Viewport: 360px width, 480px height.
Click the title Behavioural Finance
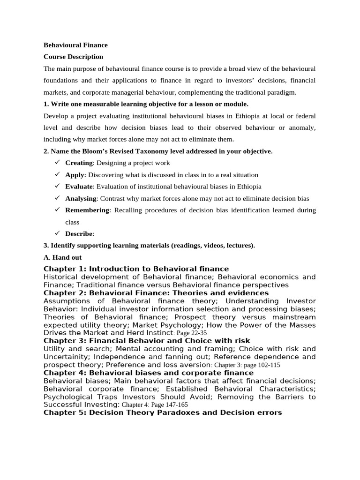coord(75,45)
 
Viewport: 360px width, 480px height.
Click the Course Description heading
coord(73,57)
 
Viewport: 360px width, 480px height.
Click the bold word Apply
coord(75,175)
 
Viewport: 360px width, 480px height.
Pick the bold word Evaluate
coord(79,187)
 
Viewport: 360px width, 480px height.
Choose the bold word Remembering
coord(87,210)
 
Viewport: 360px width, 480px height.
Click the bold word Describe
coord(79,233)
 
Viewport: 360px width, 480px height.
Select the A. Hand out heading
coord(63,257)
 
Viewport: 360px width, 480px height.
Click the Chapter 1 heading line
coord(136,269)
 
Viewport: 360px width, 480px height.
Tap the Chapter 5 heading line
coord(162,412)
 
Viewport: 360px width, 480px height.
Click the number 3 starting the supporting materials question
coord(45,245)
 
